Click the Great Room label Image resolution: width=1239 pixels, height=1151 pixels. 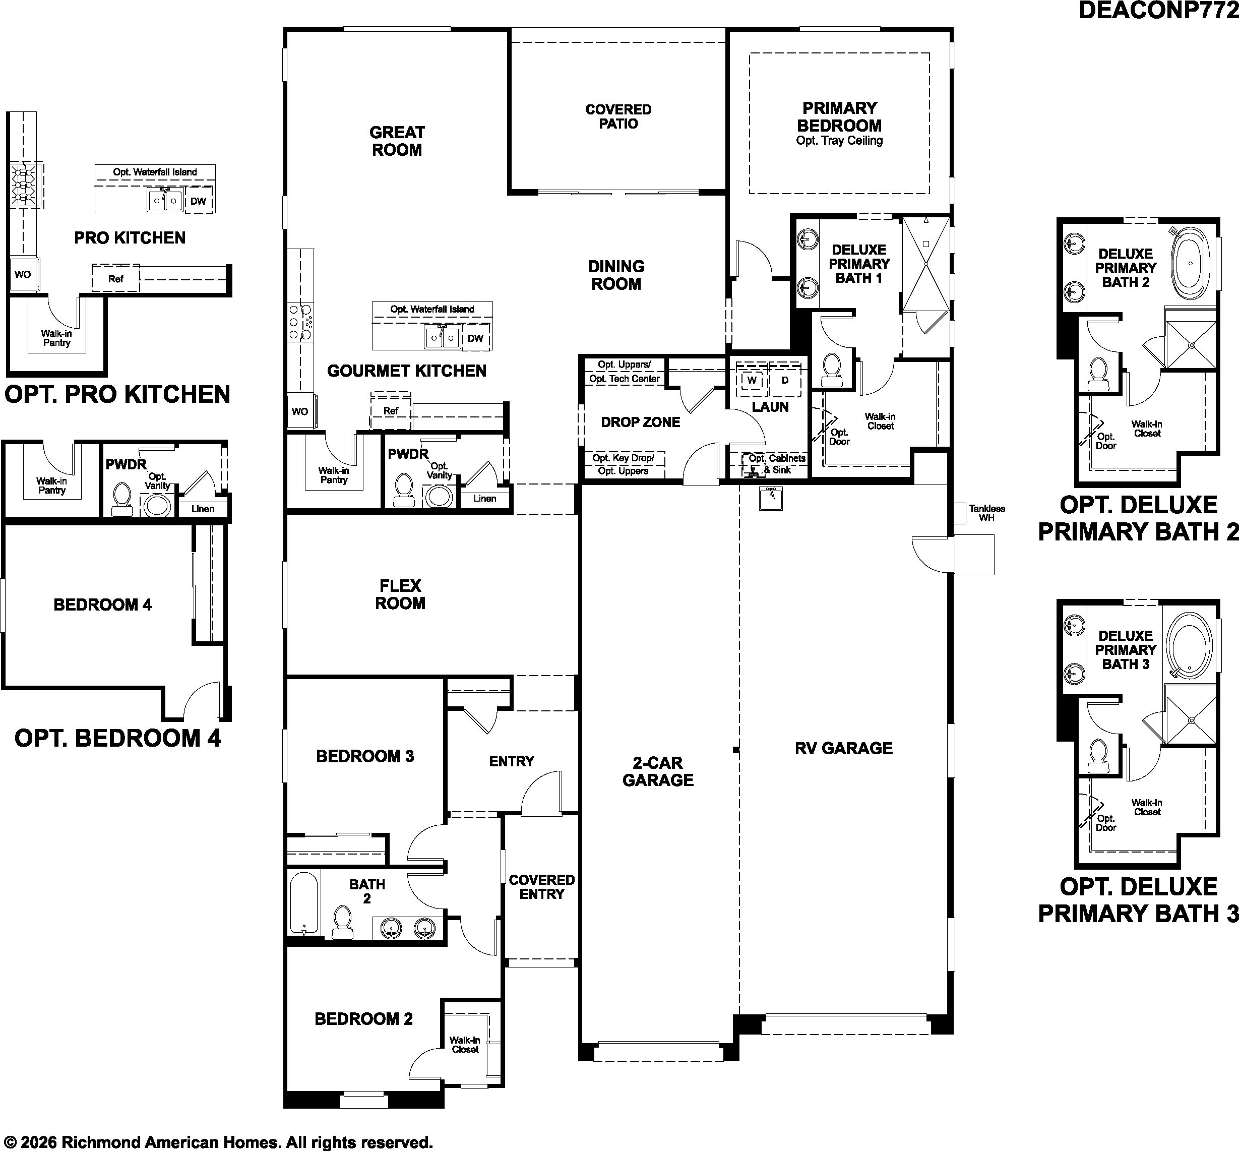point(397,141)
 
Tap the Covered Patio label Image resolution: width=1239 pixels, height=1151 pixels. point(618,116)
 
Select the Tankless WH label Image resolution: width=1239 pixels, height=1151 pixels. point(987,513)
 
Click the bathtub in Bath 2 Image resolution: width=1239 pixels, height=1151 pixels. point(304,903)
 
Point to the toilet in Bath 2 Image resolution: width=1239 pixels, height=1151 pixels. point(342,922)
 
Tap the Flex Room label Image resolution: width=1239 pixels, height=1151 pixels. point(400,594)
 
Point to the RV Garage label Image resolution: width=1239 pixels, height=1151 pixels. point(844,748)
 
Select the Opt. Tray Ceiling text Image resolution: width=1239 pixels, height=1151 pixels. point(839,141)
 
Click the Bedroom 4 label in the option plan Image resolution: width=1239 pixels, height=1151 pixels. point(102,605)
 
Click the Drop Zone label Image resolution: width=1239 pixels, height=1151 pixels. point(640,422)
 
